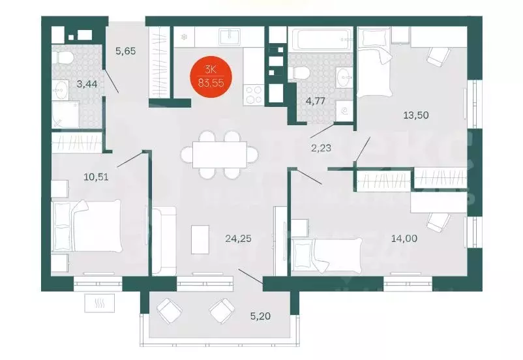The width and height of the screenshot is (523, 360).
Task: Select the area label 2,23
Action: pos(321,147)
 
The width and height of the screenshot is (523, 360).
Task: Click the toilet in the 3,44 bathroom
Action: pos(64,58)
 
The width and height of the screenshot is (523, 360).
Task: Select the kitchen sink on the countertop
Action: pos(229,37)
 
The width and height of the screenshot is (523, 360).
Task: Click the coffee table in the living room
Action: pos(200,239)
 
